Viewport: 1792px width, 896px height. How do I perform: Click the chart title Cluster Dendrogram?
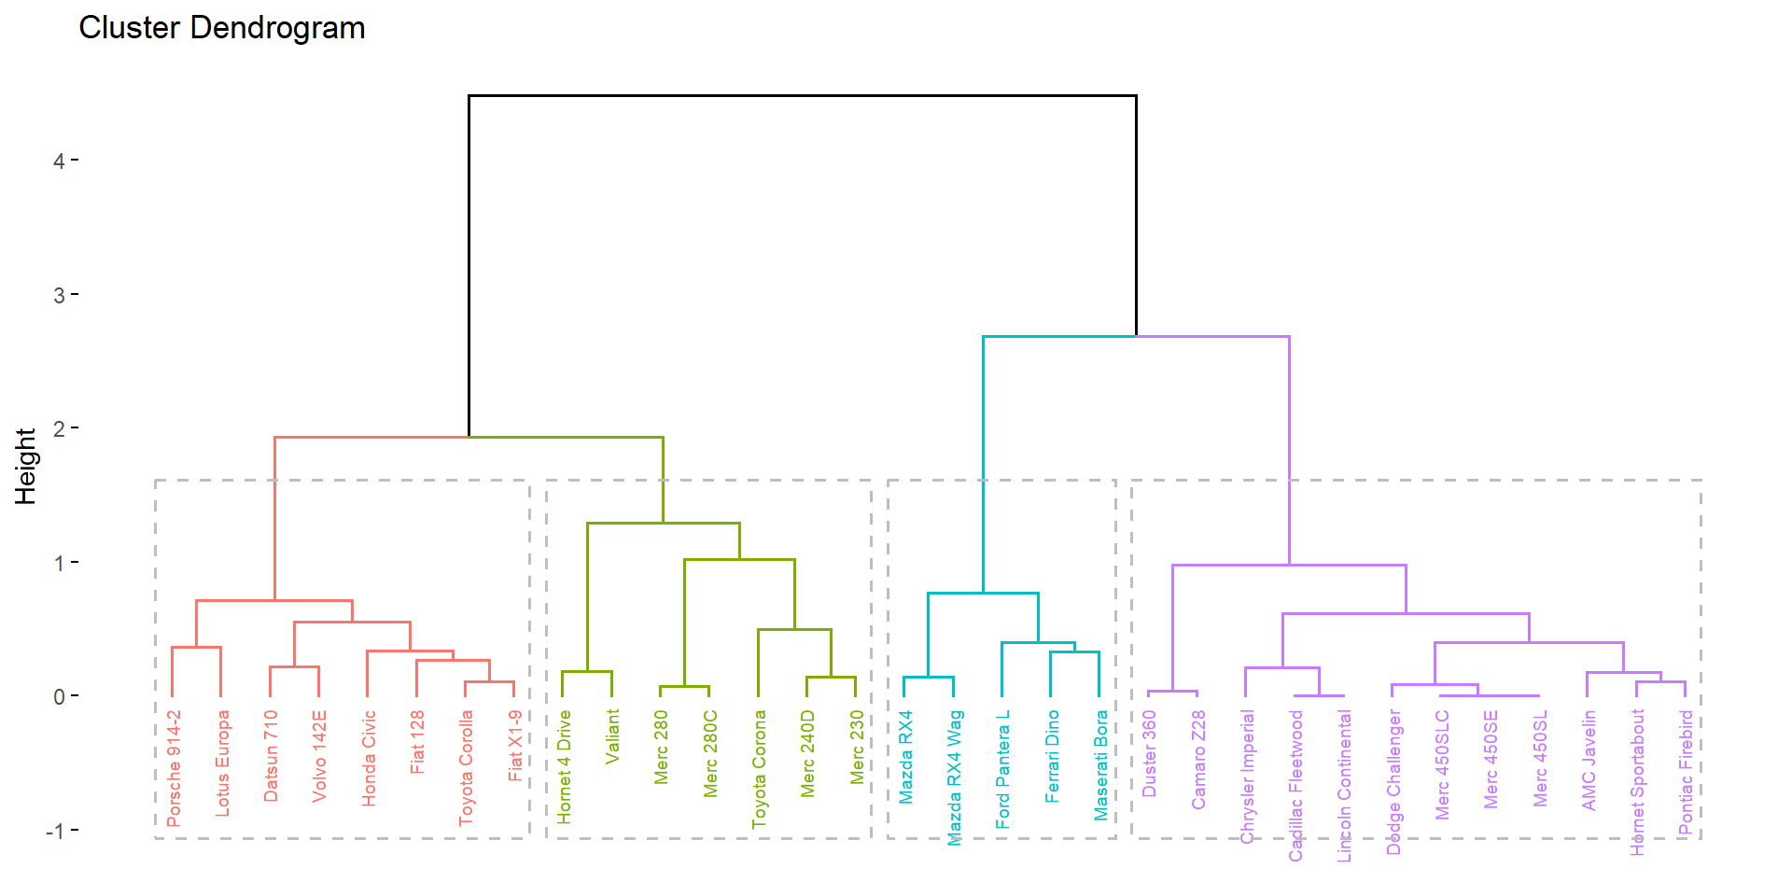pos(221,28)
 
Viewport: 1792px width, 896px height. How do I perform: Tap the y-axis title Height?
pos(25,466)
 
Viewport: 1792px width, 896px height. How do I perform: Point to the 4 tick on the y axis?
pos(59,161)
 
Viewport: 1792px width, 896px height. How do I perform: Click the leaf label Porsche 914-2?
pos(174,768)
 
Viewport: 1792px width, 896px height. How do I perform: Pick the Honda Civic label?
pos(369,758)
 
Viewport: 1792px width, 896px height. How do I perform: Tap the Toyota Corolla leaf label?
pos(466,768)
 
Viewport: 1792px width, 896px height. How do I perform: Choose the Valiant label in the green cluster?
pos(612,736)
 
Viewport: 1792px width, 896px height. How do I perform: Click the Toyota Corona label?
pos(759,769)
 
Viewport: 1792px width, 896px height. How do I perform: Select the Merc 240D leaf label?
pos(807,754)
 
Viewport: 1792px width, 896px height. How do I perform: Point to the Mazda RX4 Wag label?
pos(954,777)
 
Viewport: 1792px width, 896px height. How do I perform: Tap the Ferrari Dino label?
pos(1052,756)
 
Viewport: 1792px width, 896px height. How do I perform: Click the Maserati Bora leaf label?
pos(1100,765)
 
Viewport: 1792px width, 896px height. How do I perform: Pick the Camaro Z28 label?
pos(1198,760)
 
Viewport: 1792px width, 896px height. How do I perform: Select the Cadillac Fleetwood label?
pos(1295,785)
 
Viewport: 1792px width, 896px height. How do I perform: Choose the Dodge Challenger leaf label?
pos(1393,782)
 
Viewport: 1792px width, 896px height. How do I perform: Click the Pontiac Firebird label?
pos(1685,772)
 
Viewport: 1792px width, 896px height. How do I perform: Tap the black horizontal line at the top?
pos(802,95)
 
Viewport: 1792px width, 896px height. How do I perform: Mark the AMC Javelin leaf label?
pos(1589,760)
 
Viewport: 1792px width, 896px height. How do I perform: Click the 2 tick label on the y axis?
pos(59,428)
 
